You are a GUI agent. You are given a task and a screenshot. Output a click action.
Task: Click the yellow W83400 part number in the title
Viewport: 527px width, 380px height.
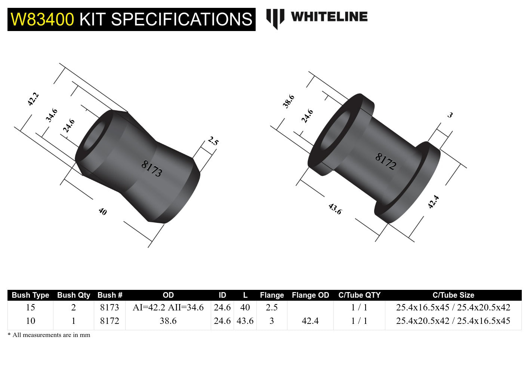pyautogui.click(x=42, y=19)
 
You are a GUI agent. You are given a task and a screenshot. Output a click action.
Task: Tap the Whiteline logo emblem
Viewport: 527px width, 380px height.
pyautogui.click(x=275, y=18)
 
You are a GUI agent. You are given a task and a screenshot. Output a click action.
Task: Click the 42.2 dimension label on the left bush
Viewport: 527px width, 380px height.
pyautogui.click(x=33, y=99)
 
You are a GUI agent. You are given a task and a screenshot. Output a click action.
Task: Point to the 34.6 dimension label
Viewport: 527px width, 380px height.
pyautogui.click(x=52, y=115)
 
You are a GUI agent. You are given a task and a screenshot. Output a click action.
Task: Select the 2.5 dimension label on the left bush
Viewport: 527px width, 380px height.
pyautogui.click(x=213, y=141)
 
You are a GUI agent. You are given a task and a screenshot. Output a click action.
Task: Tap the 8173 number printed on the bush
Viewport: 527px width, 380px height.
pyautogui.click(x=151, y=169)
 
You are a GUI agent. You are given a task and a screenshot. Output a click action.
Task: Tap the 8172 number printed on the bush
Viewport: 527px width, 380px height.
pyautogui.click(x=385, y=161)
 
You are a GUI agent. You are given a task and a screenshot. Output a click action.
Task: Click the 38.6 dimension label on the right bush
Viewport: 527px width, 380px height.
pyautogui.click(x=289, y=101)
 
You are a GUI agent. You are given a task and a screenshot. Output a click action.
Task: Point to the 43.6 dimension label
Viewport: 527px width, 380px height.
pyautogui.click(x=335, y=209)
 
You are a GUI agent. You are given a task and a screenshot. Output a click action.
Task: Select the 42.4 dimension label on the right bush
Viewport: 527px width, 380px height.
pyautogui.click(x=433, y=202)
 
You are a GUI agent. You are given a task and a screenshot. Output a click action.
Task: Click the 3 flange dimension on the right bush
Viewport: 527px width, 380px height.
pyautogui.click(x=450, y=115)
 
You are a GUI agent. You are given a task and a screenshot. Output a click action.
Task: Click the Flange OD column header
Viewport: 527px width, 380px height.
pyautogui.click(x=310, y=295)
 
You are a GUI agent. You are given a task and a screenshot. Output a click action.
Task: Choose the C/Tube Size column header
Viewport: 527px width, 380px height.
pyautogui.click(x=453, y=295)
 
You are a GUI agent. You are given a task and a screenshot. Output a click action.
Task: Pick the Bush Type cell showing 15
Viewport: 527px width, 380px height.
pyautogui.click(x=30, y=307)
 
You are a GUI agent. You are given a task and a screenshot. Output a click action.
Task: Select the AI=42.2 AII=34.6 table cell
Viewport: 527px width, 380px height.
pyautogui.click(x=168, y=307)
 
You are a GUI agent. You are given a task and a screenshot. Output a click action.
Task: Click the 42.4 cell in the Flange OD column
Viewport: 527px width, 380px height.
pyautogui.click(x=310, y=321)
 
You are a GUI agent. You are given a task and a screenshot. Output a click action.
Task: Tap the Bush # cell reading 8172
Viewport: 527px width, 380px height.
pyautogui.click(x=110, y=321)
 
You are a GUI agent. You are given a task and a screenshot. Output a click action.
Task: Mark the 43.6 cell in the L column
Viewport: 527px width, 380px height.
pyautogui.click(x=245, y=321)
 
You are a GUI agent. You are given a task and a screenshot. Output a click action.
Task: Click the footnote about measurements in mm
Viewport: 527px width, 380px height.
pyautogui.click(x=49, y=335)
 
